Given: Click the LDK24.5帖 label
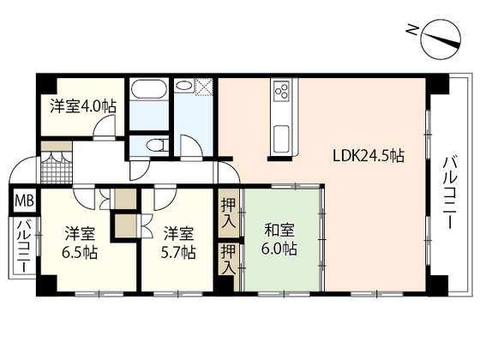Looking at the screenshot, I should (369, 157).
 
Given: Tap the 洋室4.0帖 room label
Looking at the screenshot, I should (82, 106).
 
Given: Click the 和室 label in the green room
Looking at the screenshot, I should (279, 229).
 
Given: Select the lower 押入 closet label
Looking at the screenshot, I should (228, 258).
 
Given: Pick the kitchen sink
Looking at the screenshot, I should (282, 135).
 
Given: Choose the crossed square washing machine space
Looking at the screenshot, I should (205, 87).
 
